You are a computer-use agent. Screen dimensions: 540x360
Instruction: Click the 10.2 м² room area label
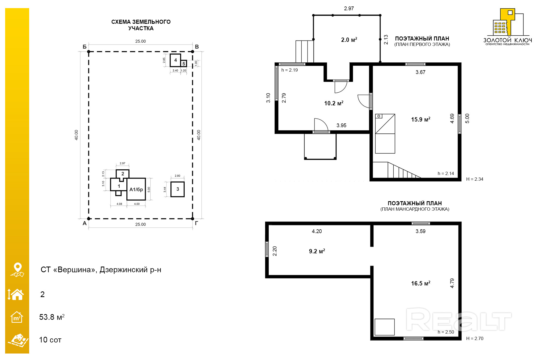pos(334,103)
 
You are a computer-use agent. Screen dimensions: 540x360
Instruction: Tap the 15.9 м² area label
pos(421,119)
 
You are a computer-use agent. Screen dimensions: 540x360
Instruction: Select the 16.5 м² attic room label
pos(421,283)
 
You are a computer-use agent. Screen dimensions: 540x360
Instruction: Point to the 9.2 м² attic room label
pos(317,251)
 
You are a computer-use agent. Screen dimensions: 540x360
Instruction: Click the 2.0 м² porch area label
pos(349,40)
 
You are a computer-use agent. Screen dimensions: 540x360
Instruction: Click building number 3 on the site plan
pos(178,189)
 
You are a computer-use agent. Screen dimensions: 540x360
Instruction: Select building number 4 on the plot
pos(175,60)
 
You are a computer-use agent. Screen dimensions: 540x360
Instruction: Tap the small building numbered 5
pos(184,64)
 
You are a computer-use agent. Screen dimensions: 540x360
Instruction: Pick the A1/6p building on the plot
pos(136,189)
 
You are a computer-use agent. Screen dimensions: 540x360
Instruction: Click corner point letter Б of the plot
pos(85,47)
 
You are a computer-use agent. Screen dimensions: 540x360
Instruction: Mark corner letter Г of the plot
pos(197,223)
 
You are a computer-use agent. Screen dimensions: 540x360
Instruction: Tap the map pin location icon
pos(18,270)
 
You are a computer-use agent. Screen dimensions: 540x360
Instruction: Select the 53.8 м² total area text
pos(52,317)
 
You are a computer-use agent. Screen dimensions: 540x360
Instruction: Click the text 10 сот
pos(50,340)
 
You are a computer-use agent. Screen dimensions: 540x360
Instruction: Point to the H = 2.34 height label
pos(475,179)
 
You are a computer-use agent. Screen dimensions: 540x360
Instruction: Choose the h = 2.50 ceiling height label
pos(446,332)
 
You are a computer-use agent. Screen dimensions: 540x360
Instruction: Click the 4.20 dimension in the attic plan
pos(317,231)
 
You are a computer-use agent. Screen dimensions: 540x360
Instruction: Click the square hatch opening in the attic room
pos(385,327)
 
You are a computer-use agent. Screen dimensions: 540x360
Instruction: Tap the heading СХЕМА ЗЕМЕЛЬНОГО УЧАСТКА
pos(141,25)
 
